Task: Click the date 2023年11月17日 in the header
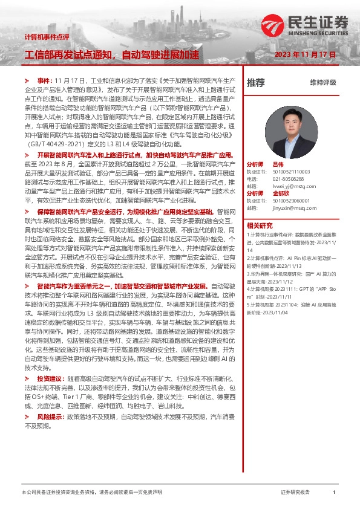305,54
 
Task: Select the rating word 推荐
256,82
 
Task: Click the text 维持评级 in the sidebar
322,82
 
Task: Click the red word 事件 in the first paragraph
45,80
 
